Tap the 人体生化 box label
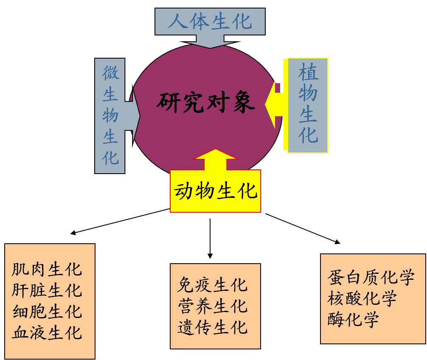(210, 21)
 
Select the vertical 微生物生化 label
(110, 115)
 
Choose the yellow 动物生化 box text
(216, 191)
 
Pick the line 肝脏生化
(47, 291)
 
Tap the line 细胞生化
(47, 312)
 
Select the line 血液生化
(47, 332)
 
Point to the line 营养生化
(212, 306)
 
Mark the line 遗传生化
(212, 327)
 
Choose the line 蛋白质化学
(371, 278)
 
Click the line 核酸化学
(362, 298)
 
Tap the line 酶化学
(353, 319)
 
